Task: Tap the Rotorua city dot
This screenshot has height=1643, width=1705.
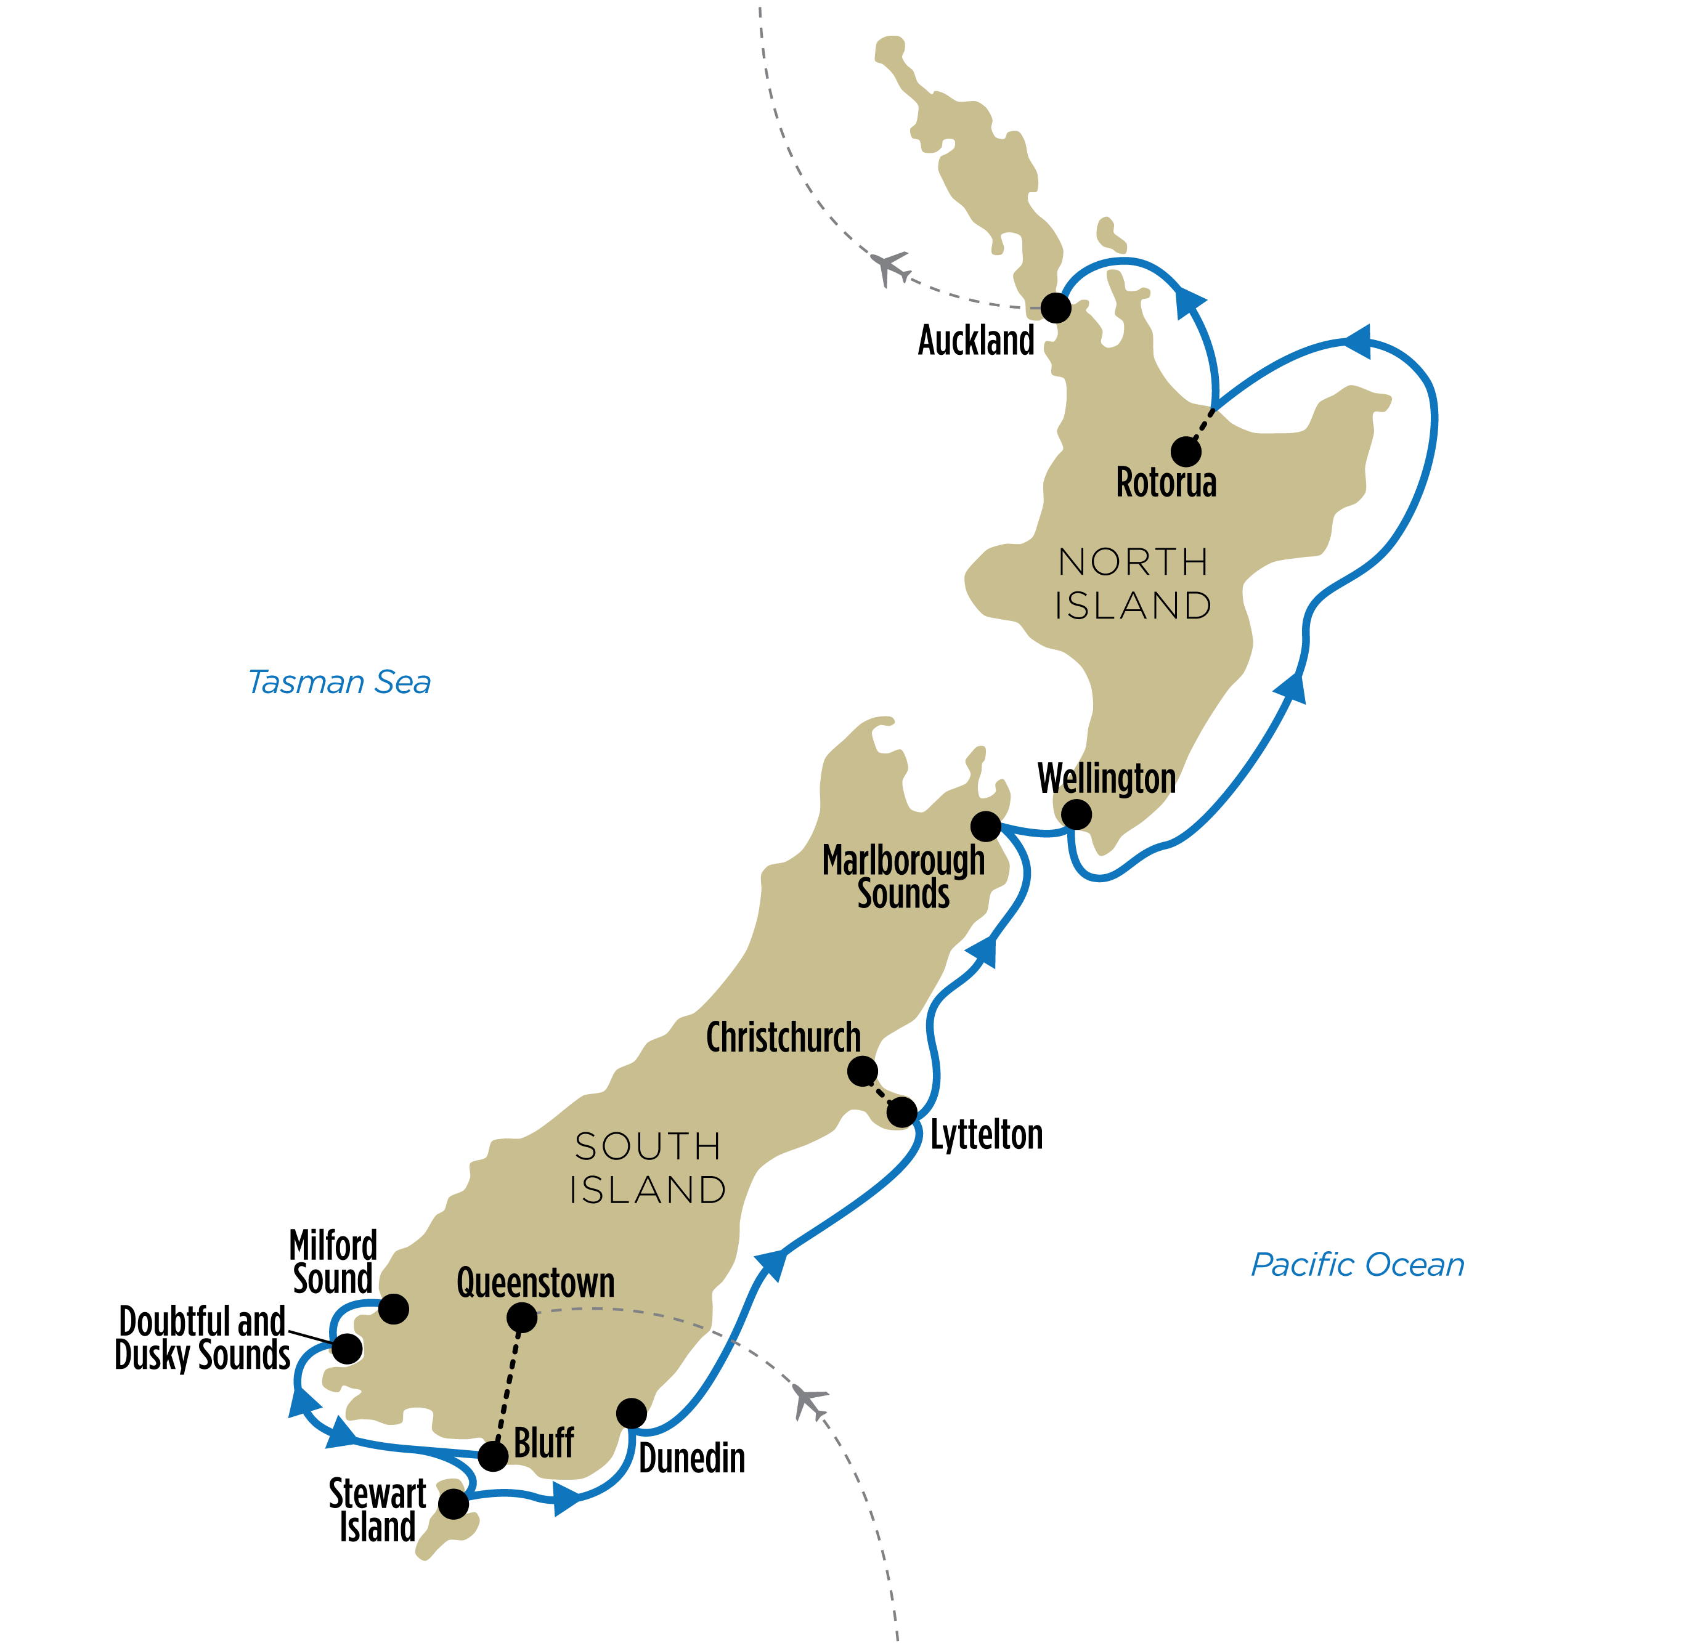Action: [1186, 452]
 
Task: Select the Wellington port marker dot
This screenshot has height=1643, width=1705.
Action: [1076, 814]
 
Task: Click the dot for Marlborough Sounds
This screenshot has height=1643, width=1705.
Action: [985, 826]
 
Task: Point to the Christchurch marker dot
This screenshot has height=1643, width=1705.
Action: [862, 1071]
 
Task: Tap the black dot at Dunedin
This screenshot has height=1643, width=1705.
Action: [632, 1413]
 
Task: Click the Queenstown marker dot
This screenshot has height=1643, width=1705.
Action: [522, 1318]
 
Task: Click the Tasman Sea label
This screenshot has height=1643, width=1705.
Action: [340, 683]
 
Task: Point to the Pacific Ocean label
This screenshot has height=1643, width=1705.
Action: [1357, 1265]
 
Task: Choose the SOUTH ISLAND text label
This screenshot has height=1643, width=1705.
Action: [648, 1168]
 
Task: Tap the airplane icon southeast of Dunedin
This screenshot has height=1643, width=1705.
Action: [810, 1402]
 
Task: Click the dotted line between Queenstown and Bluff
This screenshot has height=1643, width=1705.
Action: [508, 1387]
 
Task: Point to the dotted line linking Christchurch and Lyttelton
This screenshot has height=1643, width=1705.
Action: [882, 1092]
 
